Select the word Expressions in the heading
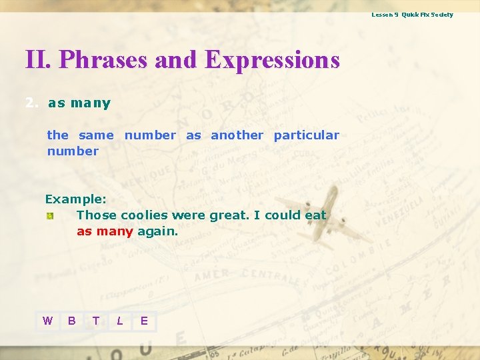pyautogui.click(x=272, y=60)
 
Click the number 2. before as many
pyautogui.click(x=31, y=103)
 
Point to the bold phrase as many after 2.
pyautogui.click(x=79, y=103)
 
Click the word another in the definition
pyautogui.click(x=237, y=135)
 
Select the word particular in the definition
pyautogui.click(x=306, y=135)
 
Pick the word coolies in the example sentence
pyautogui.click(x=144, y=215)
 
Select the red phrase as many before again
pyautogui.click(x=105, y=231)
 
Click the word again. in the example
pyautogui.click(x=157, y=231)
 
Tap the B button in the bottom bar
pyautogui.click(x=71, y=321)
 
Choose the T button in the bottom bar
pyautogui.click(x=95, y=321)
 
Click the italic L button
pyautogui.click(x=119, y=321)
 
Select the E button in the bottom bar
pyautogui.click(x=144, y=321)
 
